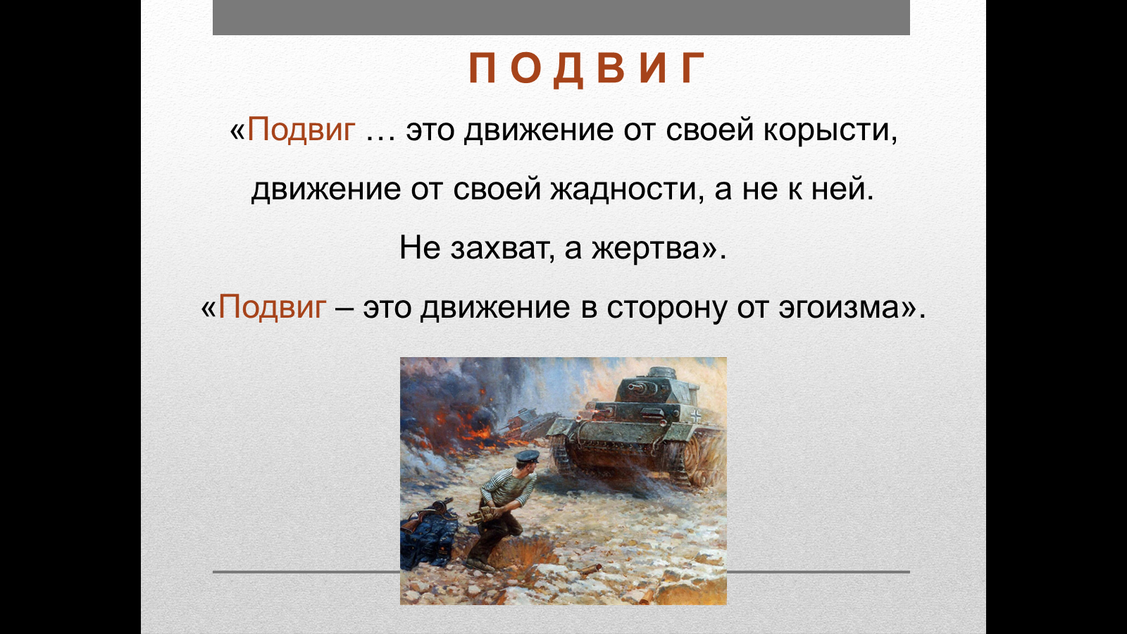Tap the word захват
point(502,248)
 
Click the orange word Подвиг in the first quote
point(301,130)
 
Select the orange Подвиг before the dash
point(272,307)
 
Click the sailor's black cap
point(526,457)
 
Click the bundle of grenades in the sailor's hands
point(482,515)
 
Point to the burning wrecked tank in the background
point(528,425)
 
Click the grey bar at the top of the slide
point(561,17)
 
